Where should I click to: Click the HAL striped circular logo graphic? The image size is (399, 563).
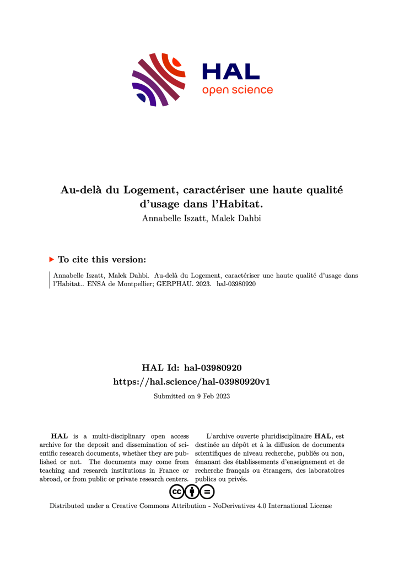pyautogui.click(x=158, y=79)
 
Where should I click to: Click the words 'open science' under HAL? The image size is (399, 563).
pyautogui.click(x=237, y=90)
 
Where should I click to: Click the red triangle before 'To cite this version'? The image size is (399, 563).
pyautogui.click(x=52, y=259)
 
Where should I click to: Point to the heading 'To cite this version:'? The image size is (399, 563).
pyautogui.click(x=102, y=259)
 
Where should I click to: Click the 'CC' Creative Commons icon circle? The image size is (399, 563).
pyautogui.click(x=176, y=491)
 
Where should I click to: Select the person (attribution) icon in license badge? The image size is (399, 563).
pyautogui.click(x=192, y=491)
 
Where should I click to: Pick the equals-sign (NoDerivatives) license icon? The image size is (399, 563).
pyautogui.click(x=207, y=491)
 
